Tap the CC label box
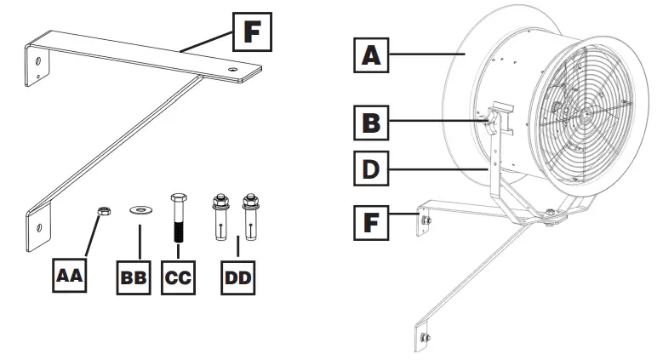(x=177, y=277)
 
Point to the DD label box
(x=238, y=277)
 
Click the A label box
(x=372, y=56)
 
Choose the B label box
(x=372, y=123)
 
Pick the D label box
(x=372, y=167)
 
